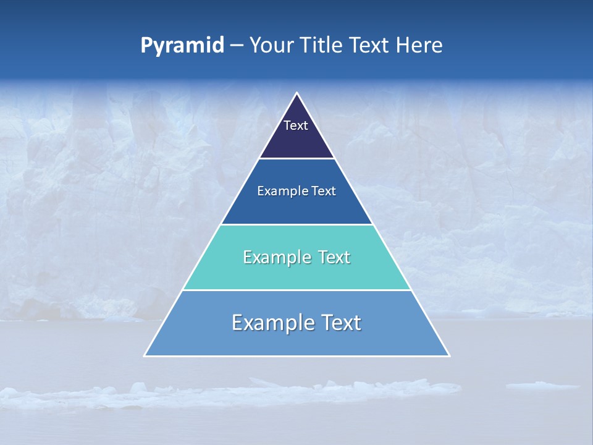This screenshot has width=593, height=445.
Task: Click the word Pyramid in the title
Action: pyautogui.click(x=182, y=46)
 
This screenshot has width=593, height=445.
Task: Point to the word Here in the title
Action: pyautogui.click(x=419, y=45)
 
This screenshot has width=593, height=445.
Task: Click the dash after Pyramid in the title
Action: pyautogui.click(x=237, y=46)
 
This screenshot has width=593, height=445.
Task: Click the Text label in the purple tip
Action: pyautogui.click(x=296, y=125)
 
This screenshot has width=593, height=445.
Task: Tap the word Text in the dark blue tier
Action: pyautogui.click(x=324, y=191)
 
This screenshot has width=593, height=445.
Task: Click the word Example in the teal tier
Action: pyautogui.click(x=274, y=257)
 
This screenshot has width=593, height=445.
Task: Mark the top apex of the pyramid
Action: pyautogui.click(x=297, y=93)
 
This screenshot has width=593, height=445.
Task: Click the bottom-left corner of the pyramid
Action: pyautogui.click(x=145, y=355)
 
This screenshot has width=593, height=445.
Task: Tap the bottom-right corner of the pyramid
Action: pyautogui.click(x=449, y=355)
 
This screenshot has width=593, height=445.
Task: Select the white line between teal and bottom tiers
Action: pyautogui.click(x=297, y=290)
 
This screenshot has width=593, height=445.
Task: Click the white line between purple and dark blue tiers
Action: pyautogui.click(x=297, y=158)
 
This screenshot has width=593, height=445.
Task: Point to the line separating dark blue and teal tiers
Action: pyautogui.click(x=297, y=224)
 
